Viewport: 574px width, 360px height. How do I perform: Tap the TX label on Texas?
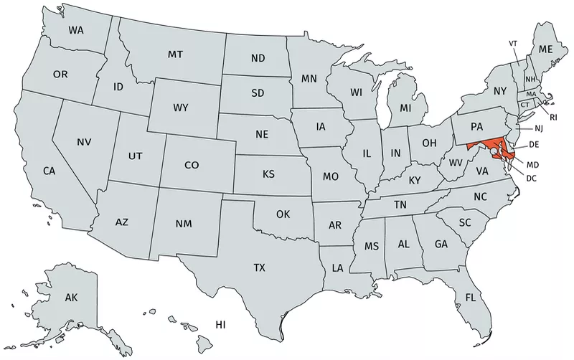(259, 267)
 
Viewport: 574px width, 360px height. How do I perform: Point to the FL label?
(470, 297)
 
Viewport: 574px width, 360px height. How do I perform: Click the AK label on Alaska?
(71, 297)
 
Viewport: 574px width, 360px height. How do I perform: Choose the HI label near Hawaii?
(221, 325)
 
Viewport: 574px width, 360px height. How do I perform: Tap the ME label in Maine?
(546, 49)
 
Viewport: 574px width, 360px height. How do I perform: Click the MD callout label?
(532, 165)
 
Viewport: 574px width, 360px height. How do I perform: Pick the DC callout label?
(532, 178)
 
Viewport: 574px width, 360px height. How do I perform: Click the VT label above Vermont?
(513, 44)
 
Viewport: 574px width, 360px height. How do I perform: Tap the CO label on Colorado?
(191, 165)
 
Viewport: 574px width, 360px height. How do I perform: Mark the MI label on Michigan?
(405, 108)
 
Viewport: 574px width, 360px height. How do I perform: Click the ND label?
(258, 58)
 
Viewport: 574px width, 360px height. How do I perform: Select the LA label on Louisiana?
(337, 268)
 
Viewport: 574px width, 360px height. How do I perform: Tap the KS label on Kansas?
(268, 174)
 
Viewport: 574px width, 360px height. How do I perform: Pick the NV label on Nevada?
(84, 142)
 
